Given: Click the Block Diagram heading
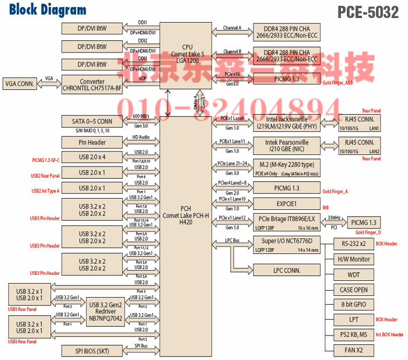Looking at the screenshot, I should pyautogui.click(x=48, y=10).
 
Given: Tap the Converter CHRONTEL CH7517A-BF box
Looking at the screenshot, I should pyautogui.click(x=93, y=84).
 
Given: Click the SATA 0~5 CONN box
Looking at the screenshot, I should pyautogui.click(x=93, y=121).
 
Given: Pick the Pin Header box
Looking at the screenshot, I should pyautogui.click(x=93, y=142).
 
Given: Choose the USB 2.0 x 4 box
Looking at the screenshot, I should pyautogui.click(x=93, y=157).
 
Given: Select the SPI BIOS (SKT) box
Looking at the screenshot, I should pyautogui.click(x=93, y=351).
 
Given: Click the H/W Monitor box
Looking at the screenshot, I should pyautogui.click(x=354, y=259).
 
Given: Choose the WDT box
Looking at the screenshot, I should pyautogui.click(x=354, y=274).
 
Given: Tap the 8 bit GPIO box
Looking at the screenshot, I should pyautogui.click(x=354, y=304).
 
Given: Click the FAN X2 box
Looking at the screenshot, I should pyautogui.click(x=354, y=350).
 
